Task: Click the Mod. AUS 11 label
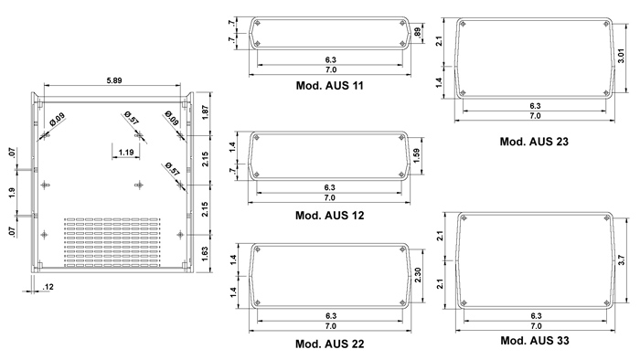coord(329,86)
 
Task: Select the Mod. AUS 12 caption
coord(329,216)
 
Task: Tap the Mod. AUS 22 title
coord(329,344)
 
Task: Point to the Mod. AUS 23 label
coord(534,142)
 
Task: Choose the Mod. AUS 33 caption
coord(535,341)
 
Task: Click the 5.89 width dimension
coord(114,80)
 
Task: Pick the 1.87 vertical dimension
coord(205,112)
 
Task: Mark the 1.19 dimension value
coord(126,153)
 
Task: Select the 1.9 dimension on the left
coord(11,193)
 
